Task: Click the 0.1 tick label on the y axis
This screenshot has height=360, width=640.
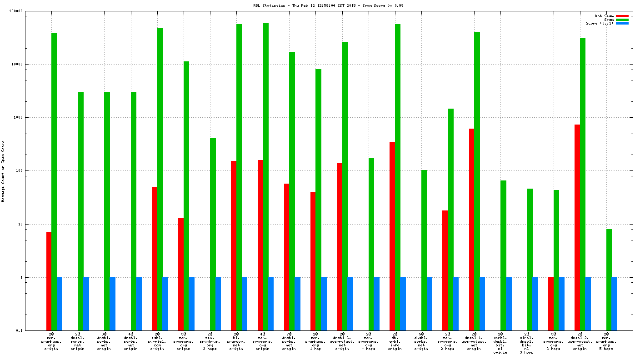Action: [31, 330]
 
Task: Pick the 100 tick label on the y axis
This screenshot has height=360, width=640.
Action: [31, 171]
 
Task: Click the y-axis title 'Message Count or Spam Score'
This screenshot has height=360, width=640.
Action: [3, 171]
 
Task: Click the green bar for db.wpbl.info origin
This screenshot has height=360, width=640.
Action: [398, 177]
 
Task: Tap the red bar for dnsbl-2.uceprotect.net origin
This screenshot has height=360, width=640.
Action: [577, 227]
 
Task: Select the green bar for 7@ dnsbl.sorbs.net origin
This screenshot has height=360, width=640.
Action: [292, 191]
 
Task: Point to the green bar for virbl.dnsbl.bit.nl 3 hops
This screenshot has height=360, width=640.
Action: [530, 259]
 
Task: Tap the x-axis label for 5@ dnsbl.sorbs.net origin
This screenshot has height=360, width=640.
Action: [421, 342]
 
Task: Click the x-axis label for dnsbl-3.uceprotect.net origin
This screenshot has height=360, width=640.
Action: [342, 342]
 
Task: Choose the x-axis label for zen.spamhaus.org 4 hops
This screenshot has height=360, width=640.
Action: [368, 342]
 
